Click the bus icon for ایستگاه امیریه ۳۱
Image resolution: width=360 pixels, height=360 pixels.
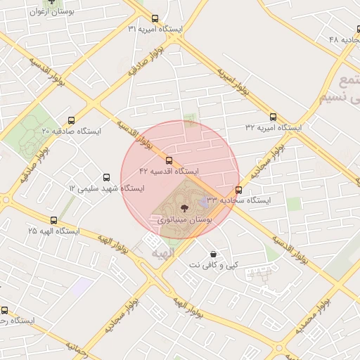(x=155, y=19)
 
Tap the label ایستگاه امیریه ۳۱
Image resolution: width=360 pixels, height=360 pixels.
(x=155, y=29)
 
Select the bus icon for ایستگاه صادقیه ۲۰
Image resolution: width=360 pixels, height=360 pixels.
(x=70, y=120)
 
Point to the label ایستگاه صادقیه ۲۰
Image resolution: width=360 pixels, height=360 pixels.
(x=71, y=131)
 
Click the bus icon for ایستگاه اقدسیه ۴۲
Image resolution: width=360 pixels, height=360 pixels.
(x=169, y=160)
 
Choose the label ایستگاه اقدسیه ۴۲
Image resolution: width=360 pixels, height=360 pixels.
(x=169, y=171)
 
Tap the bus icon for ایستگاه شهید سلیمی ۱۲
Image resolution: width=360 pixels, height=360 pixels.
(x=106, y=178)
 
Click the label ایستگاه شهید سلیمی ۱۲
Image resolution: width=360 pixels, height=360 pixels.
(x=106, y=188)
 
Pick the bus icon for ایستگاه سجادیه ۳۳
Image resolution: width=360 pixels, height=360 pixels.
(x=239, y=190)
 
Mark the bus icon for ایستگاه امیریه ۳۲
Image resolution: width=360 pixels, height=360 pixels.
(x=273, y=117)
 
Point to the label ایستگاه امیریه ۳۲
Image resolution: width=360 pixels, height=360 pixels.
(x=273, y=128)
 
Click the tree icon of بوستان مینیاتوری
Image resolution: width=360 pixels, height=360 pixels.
(x=184, y=207)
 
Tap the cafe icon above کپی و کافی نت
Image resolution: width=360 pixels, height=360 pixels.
(x=213, y=254)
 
